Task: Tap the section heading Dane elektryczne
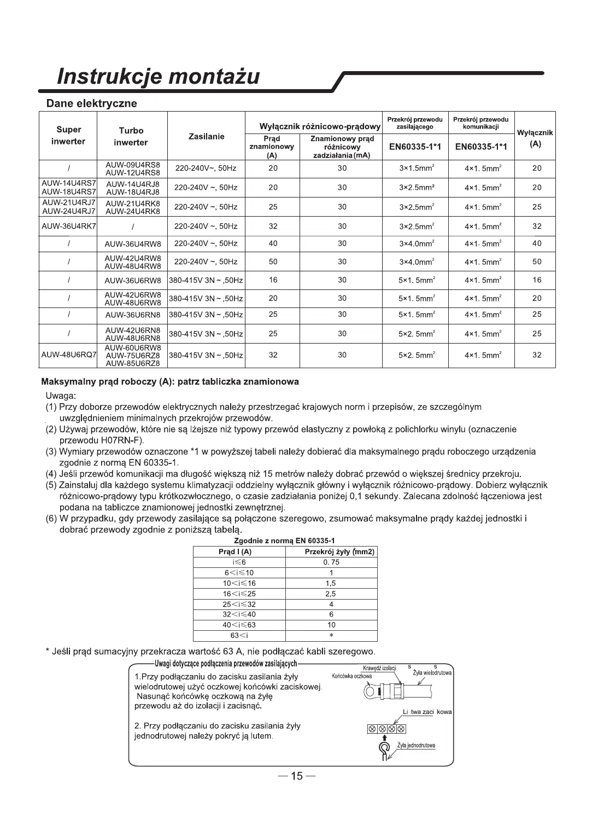click(91, 103)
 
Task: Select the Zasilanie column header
click(206, 136)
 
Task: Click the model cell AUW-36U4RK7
click(68, 225)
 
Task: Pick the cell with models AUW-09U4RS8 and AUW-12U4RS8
click(132, 169)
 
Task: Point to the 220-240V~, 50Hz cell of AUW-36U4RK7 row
click(206, 225)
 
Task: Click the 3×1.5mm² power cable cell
click(417, 169)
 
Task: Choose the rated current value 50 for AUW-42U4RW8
click(273, 262)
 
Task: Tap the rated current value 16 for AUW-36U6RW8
click(273, 280)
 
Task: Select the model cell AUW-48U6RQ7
click(68, 355)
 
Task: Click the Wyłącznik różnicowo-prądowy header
click(319, 126)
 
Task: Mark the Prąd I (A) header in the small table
click(239, 552)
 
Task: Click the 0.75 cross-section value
click(331, 562)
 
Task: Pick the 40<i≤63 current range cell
click(239, 625)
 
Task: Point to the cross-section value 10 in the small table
click(331, 625)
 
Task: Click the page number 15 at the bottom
click(296, 776)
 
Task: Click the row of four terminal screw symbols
click(385, 729)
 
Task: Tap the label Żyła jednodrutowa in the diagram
click(416, 745)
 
